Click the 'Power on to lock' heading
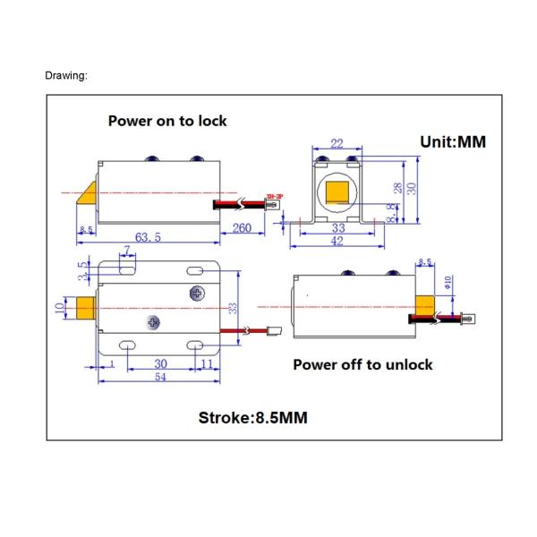[x=167, y=121]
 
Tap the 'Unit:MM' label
[x=453, y=141]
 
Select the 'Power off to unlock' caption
[x=362, y=364]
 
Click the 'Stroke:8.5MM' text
[x=253, y=417]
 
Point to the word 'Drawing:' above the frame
[x=66, y=75]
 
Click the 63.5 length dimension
[x=148, y=237]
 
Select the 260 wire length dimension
[x=242, y=228]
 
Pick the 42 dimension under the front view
[x=337, y=243]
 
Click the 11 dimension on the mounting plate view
[x=207, y=364]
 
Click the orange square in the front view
[x=337, y=192]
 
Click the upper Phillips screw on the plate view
[x=197, y=293]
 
